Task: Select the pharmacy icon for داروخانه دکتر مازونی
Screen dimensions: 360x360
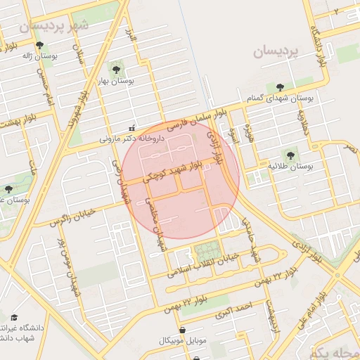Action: [132, 128]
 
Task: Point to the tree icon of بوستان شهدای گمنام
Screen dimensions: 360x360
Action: [281, 87]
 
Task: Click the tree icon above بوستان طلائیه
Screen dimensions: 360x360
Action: [290, 155]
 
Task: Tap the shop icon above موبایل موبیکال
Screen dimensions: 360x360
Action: [183, 330]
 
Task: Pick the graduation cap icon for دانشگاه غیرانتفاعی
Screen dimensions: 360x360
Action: [13, 318]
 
